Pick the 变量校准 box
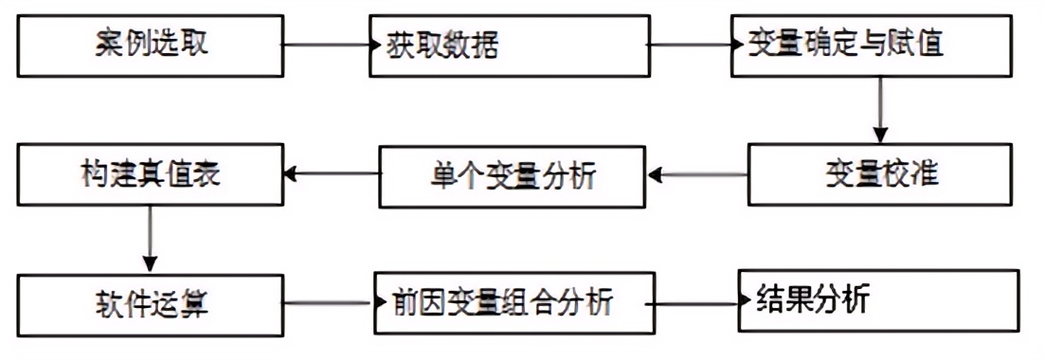point(880,174)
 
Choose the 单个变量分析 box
point(513,175)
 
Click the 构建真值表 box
point(150,174)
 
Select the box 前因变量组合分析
point(513,304)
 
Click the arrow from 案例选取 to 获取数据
point(327,45)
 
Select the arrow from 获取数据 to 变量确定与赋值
point(689,45)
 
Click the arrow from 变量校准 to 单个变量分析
point(698,174)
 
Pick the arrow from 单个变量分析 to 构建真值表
point(333,174)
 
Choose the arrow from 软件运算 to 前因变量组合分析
point(329,304)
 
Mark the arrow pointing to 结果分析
point(696,304)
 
